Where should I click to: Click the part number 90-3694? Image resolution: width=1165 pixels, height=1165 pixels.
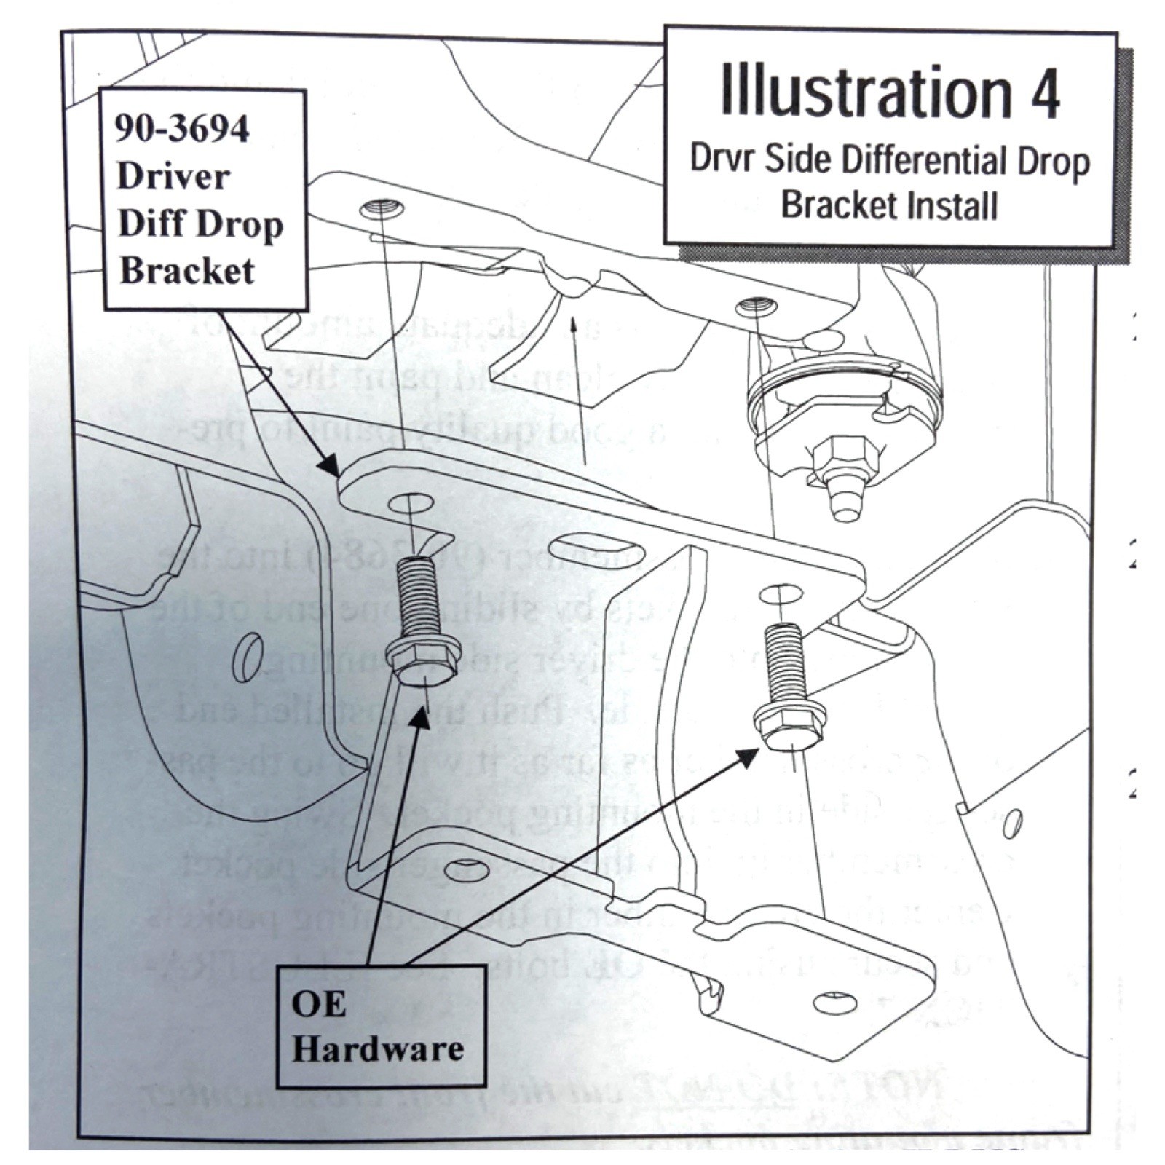182,130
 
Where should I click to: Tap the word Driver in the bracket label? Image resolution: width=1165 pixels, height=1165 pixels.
173,176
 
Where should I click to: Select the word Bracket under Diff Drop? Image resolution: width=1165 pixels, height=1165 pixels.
187,271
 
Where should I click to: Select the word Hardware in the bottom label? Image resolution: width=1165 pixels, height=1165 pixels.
378,1049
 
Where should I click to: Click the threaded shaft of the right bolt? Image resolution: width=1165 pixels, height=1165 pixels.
783,660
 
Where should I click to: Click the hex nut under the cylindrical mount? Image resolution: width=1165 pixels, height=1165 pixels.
839,455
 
